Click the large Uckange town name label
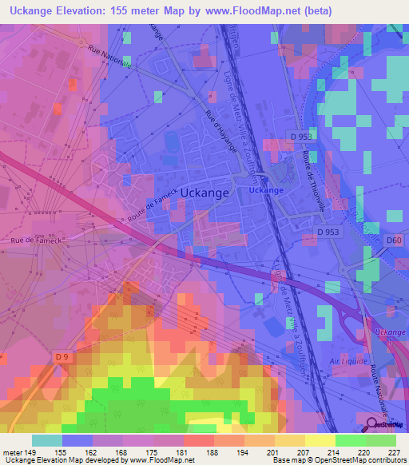click(205, 193)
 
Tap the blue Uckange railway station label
click(265, 191)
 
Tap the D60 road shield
click(394, 240)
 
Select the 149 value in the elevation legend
click(30, 451)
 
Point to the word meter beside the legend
click(11, 451)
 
